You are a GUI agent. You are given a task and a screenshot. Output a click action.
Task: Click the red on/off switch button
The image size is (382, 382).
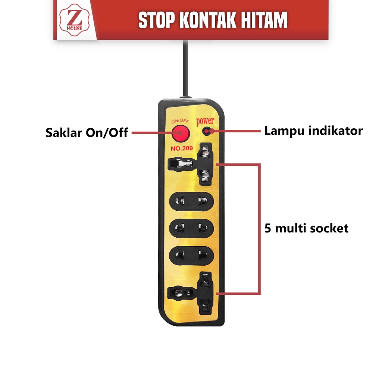point(180,134)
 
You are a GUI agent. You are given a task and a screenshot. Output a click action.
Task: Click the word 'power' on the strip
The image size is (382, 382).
point(205,121)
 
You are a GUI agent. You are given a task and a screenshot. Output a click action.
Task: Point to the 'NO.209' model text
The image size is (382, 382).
point(182,148)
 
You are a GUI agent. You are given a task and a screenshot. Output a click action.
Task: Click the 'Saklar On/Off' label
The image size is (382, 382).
point(87,132)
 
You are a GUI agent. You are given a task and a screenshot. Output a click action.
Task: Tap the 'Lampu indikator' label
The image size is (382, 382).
point(313,131)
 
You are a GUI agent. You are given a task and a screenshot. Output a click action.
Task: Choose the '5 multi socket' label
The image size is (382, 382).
point(306,228)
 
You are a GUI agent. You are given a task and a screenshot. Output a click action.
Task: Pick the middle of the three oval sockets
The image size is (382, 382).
point(191,227)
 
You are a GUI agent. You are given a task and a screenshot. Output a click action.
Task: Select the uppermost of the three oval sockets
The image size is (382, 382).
point(191,201)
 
